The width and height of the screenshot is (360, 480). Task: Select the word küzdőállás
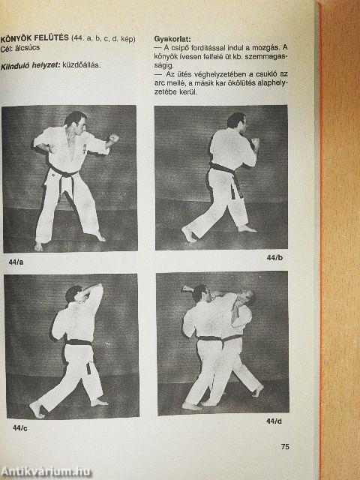coord(82,65)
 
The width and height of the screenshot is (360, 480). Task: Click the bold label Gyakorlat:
coord(172,39)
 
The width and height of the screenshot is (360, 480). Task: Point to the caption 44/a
coord(16,262)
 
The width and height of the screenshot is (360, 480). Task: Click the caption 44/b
coord(274,258)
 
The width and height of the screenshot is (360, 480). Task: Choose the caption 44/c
coord(20,428)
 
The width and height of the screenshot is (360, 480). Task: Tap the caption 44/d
coord(274,421)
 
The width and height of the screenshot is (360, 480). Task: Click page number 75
coord(285,447)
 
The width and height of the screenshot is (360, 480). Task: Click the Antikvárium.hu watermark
coord(46,472)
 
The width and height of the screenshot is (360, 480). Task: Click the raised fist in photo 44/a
coord(114,138)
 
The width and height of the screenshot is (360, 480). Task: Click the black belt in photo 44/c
coord(79,342)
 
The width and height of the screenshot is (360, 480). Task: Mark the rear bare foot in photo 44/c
coord(37,409)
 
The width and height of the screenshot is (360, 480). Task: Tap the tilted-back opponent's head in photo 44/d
coord(247,297)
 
